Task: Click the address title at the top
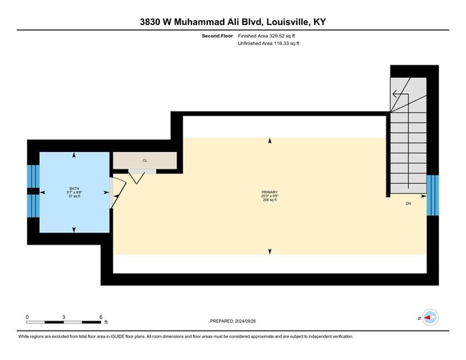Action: point(233,22)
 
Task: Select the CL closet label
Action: point(144,160)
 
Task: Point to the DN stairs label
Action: point(408,204)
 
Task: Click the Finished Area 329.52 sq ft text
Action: point(267,36)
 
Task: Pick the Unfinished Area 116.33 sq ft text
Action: point(268,44)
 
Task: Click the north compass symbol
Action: point(429,317)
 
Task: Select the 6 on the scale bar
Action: point(101,316)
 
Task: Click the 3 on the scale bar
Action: point(64,316)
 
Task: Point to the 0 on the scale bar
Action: point(27,316)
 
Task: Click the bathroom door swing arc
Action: point(119,192)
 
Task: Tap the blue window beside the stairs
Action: point(432,194)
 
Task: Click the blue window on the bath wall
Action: point(32,191)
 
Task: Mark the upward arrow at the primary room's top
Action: point(270,142)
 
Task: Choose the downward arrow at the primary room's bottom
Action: point(270,251)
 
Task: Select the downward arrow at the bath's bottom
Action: point(74,229)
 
